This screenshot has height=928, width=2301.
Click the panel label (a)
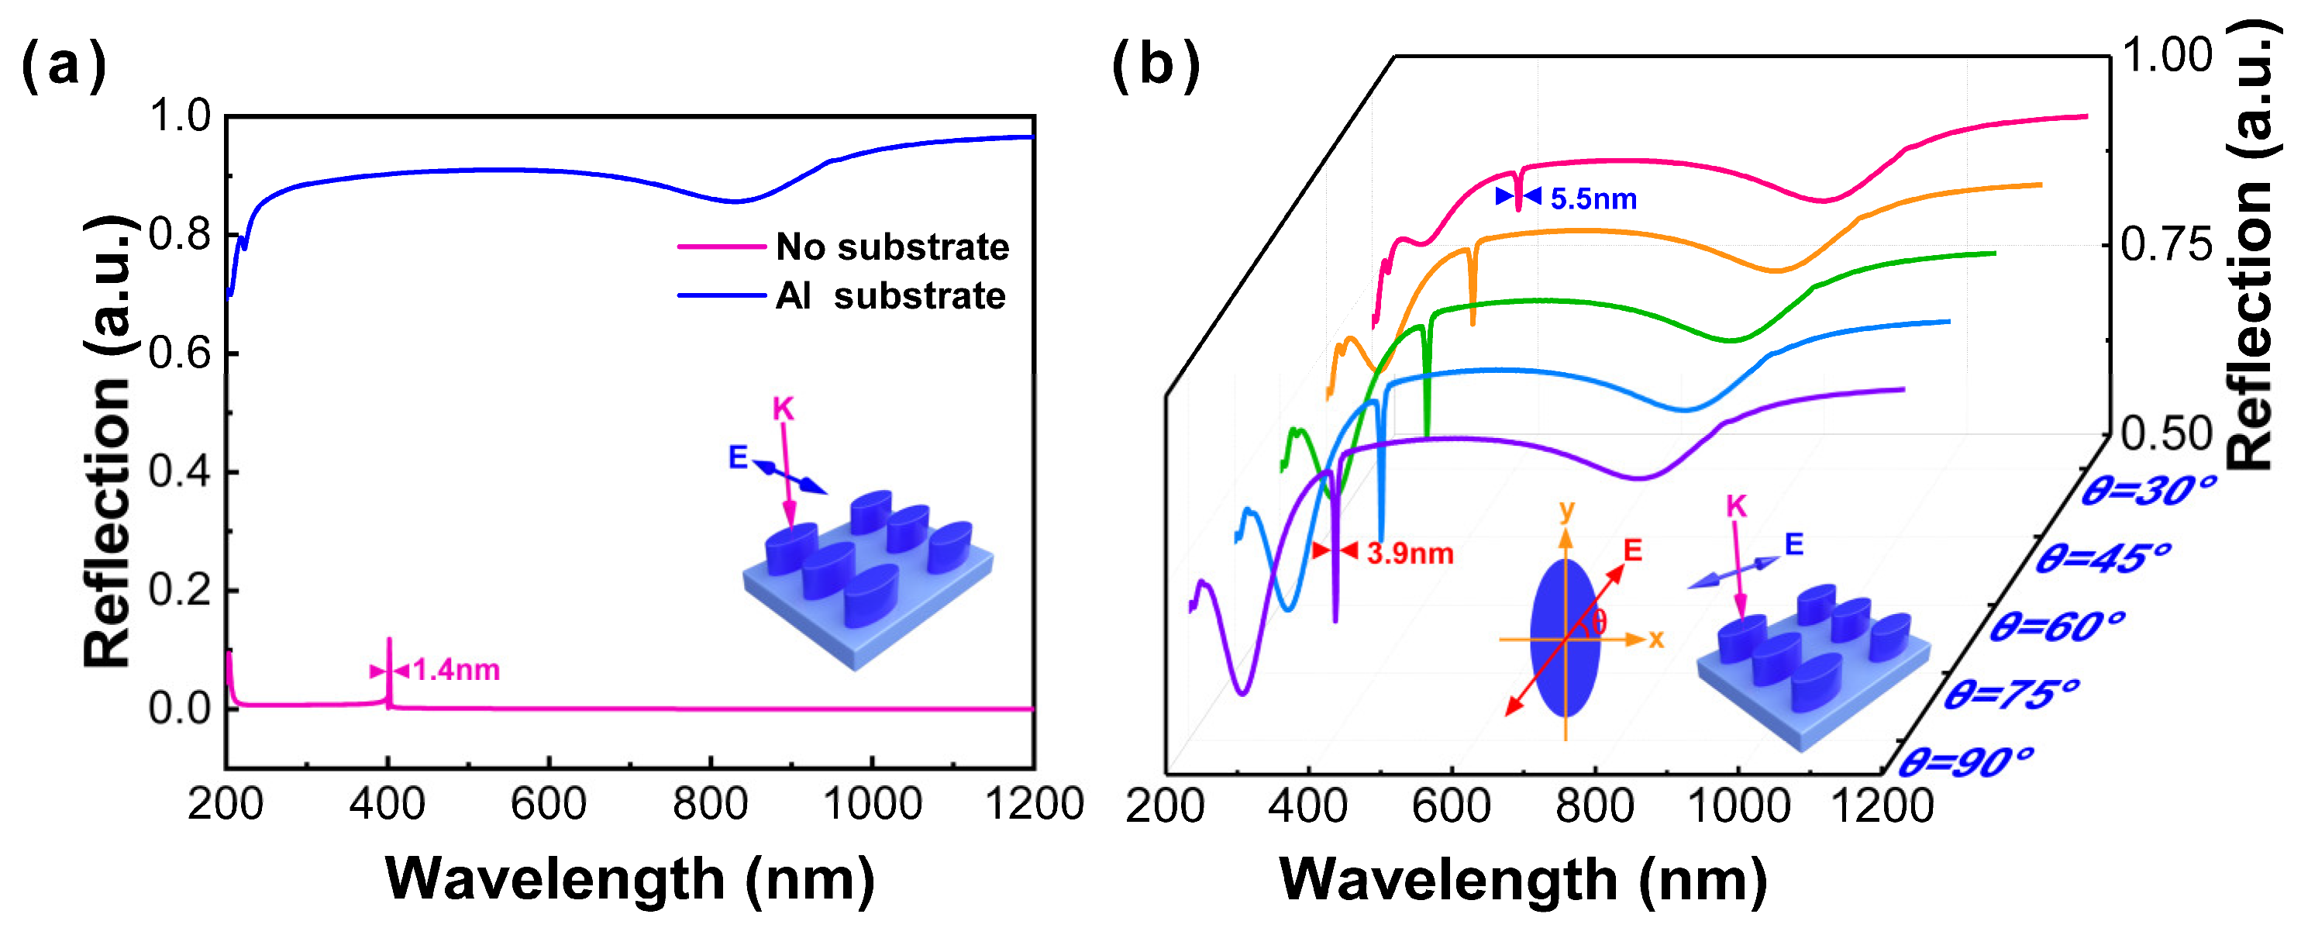point(63,66)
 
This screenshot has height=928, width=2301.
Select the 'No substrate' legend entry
point(891,247)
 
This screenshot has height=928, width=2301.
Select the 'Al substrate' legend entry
point(890,295)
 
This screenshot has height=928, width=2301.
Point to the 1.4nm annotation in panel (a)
point(456,669)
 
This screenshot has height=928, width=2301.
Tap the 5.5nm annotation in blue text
point(1593,198)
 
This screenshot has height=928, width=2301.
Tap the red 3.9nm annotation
point(1410,553)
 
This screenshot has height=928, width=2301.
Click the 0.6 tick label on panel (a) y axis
point(180,354)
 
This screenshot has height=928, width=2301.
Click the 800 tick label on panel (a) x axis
point(710,804)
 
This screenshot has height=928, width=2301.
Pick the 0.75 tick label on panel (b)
point(2165,245)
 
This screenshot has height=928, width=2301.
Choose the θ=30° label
point(2148,490)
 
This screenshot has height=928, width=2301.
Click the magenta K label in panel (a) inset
point(783,409)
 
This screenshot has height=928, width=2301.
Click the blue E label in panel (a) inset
point(738,457)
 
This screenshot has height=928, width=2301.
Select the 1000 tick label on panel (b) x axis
point(1738,806)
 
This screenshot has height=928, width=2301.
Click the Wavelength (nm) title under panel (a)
point(630,879)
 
